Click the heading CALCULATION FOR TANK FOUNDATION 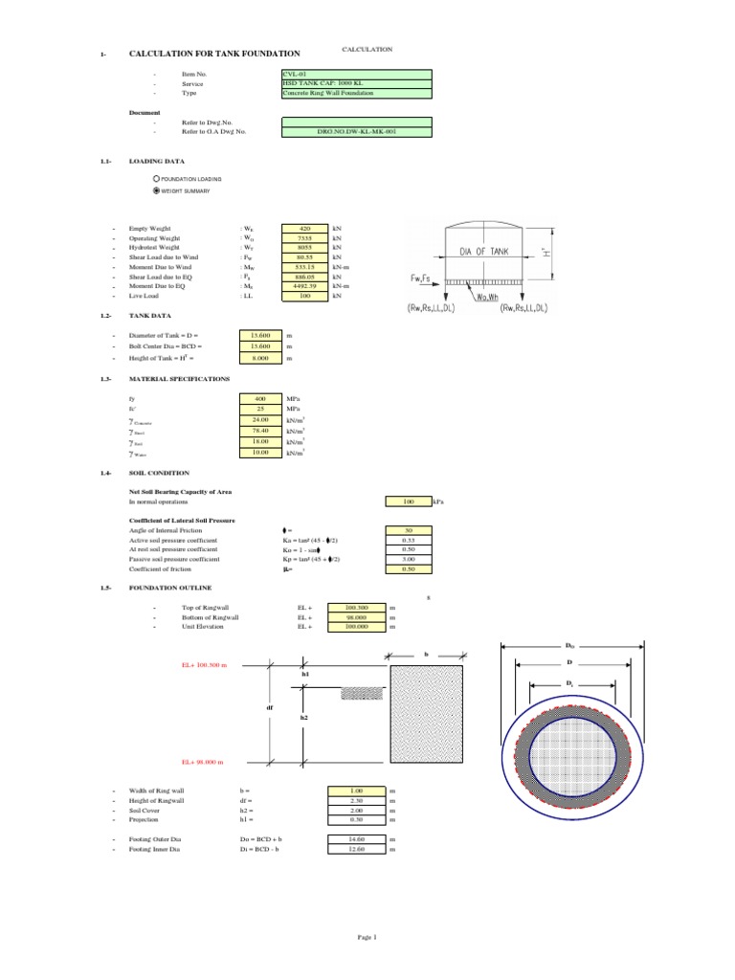click(214, 55)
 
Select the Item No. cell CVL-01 click(356, 74)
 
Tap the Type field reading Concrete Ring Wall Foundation click(356, 93)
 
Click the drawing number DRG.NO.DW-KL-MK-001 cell click(356, 131)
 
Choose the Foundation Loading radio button click(157, 179)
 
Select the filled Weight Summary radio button click(157, 190)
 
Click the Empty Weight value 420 click(305, 230)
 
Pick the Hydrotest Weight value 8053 click(305, 248)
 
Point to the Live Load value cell click(305, 296)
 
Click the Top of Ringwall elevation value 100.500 click(355, 608)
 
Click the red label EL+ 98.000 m click(204, 762)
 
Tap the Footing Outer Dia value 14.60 click(355, 838)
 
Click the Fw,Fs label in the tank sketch click(414, 279)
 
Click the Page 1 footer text click(368, 937)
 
